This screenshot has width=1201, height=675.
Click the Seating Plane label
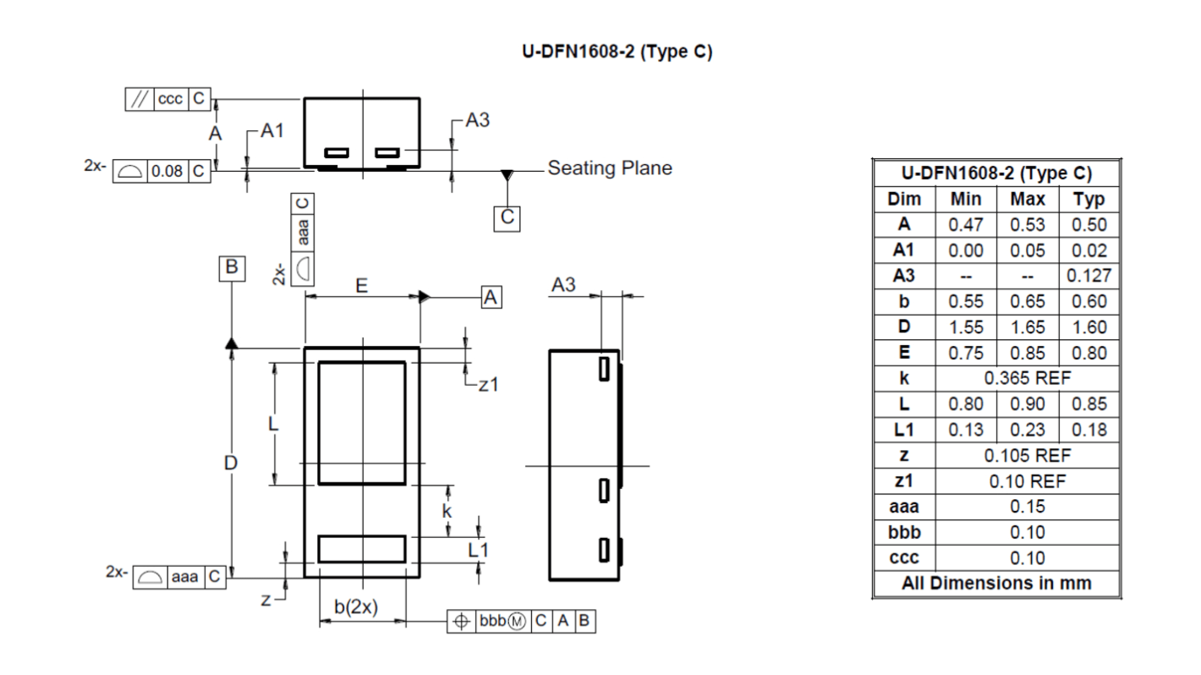click(x=610, y=167)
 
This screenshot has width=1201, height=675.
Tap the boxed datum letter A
click(x=491, y=297)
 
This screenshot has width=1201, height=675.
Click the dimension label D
click(x=231, y=464)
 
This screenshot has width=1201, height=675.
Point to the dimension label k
click(x=447, y=511)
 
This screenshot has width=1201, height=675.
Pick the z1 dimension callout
click(x=488, y=385)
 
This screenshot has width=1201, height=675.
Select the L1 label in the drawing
click(x=478, y=550)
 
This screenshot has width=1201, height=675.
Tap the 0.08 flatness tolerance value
click(x=167, y=171)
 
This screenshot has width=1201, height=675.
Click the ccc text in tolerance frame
click(x=170, y=99)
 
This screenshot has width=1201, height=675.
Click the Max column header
click(x=1027, y=200)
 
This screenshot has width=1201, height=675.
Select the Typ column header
click(x=1089, y=200)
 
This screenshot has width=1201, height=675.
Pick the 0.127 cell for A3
click(x=1089, y=276)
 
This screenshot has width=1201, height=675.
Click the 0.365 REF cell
click(x=1027, y=378)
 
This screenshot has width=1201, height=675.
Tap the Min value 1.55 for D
click(x=966, y=327)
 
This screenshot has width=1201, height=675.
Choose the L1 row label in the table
click(x=904, y=430)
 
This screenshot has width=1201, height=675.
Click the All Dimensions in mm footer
click(x=996, y=584)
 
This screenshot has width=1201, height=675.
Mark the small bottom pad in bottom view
click(x=362, y=549)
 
